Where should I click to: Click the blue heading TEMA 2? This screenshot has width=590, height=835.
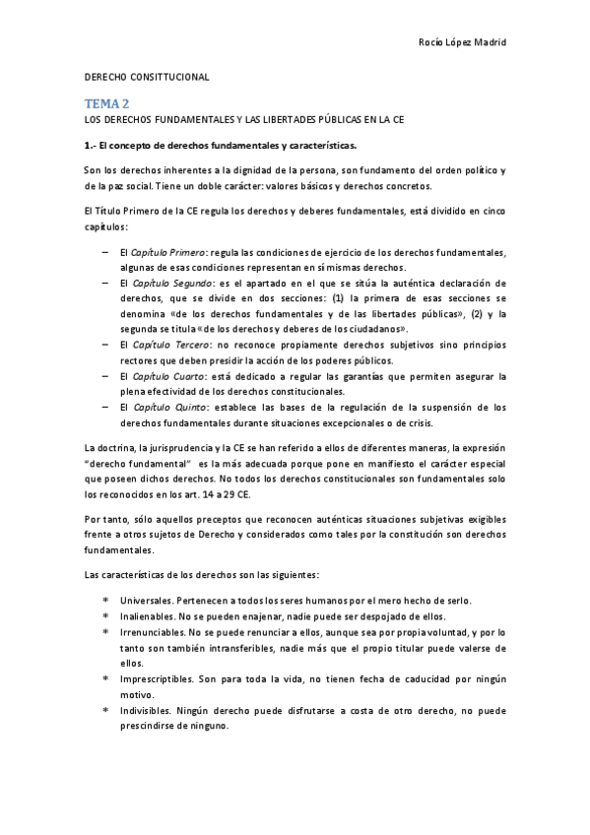(x=105, y=101)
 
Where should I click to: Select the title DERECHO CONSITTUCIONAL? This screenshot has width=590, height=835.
(x=146, y=77)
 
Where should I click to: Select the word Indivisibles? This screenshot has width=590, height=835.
(x=149, y=710)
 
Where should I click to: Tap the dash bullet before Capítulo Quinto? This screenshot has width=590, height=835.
(x=105, y=406)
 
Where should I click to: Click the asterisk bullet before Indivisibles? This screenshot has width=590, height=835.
(x=105, y=710)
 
